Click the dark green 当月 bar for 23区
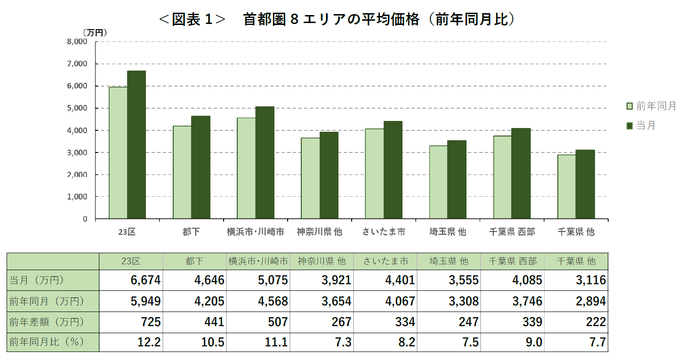point(137,145)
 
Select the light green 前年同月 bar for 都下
point(182,172)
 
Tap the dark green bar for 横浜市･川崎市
point(265,163)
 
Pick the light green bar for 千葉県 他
point(566,187)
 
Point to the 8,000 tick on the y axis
point(78,41)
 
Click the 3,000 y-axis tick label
point(78,152)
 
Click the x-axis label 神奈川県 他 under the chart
point(320,232)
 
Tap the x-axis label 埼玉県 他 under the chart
point(448,232)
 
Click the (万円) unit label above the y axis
point(95,32)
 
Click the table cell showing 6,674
point(145,280)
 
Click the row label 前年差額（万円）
point(47,322)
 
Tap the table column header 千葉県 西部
point(512,261)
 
